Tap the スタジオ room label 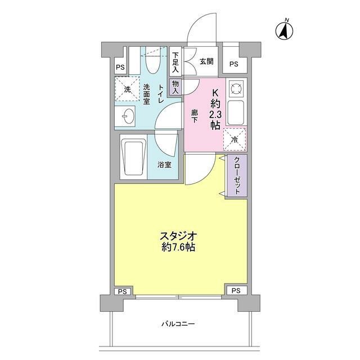179,236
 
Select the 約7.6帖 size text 178,247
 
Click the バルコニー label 178,324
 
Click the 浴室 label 164,165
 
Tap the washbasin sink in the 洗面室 125,116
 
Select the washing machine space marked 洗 127,89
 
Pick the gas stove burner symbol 236,88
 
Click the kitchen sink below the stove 236,112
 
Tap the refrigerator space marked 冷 235,139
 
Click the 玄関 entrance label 206,61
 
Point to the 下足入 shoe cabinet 175,62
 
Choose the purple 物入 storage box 175,87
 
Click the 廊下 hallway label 194,116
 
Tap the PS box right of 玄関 234,60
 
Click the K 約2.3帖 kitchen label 215,110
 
